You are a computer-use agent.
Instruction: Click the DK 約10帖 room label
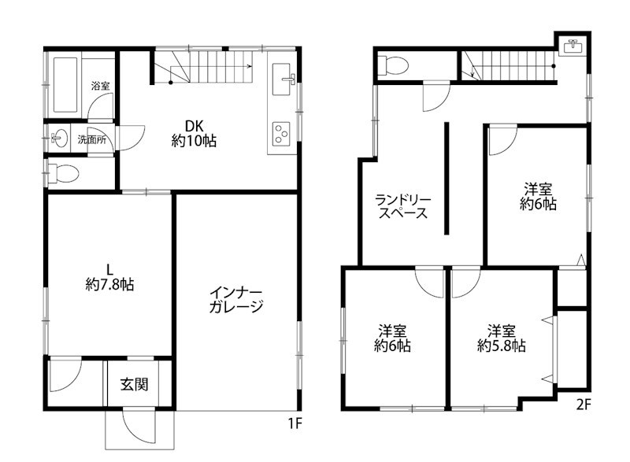(x=194, y=134)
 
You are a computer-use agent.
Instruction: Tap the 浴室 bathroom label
(x=101, y=86)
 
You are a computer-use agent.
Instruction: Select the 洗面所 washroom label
(x=92, y=139)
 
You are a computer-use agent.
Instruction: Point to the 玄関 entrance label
(x=134, y=384)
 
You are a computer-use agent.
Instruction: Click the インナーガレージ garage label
(x=235, y=299)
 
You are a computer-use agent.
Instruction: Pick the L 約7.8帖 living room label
(x=109, y=277)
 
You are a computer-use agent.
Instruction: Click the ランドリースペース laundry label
(x=403, y=206)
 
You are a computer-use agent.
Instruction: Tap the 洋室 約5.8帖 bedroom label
(x=502, y=338)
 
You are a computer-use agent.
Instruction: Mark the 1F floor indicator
(x=295, y=423)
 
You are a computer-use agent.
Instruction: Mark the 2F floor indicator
(x=584, y=405)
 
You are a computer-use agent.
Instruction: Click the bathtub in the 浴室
(x=65, y=85)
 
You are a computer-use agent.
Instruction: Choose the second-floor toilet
(x=393, y=65)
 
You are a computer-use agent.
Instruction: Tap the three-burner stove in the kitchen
(x=282, y=133)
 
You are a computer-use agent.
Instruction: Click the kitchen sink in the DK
(x=283, y=79)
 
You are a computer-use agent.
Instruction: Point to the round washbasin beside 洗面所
(x=59, y=139)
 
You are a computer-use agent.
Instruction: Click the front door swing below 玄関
(x=139, y=426)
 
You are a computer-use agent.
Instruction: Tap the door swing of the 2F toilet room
(x=436, y=96)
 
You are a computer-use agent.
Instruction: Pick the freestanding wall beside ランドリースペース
(x=447, y=178)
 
